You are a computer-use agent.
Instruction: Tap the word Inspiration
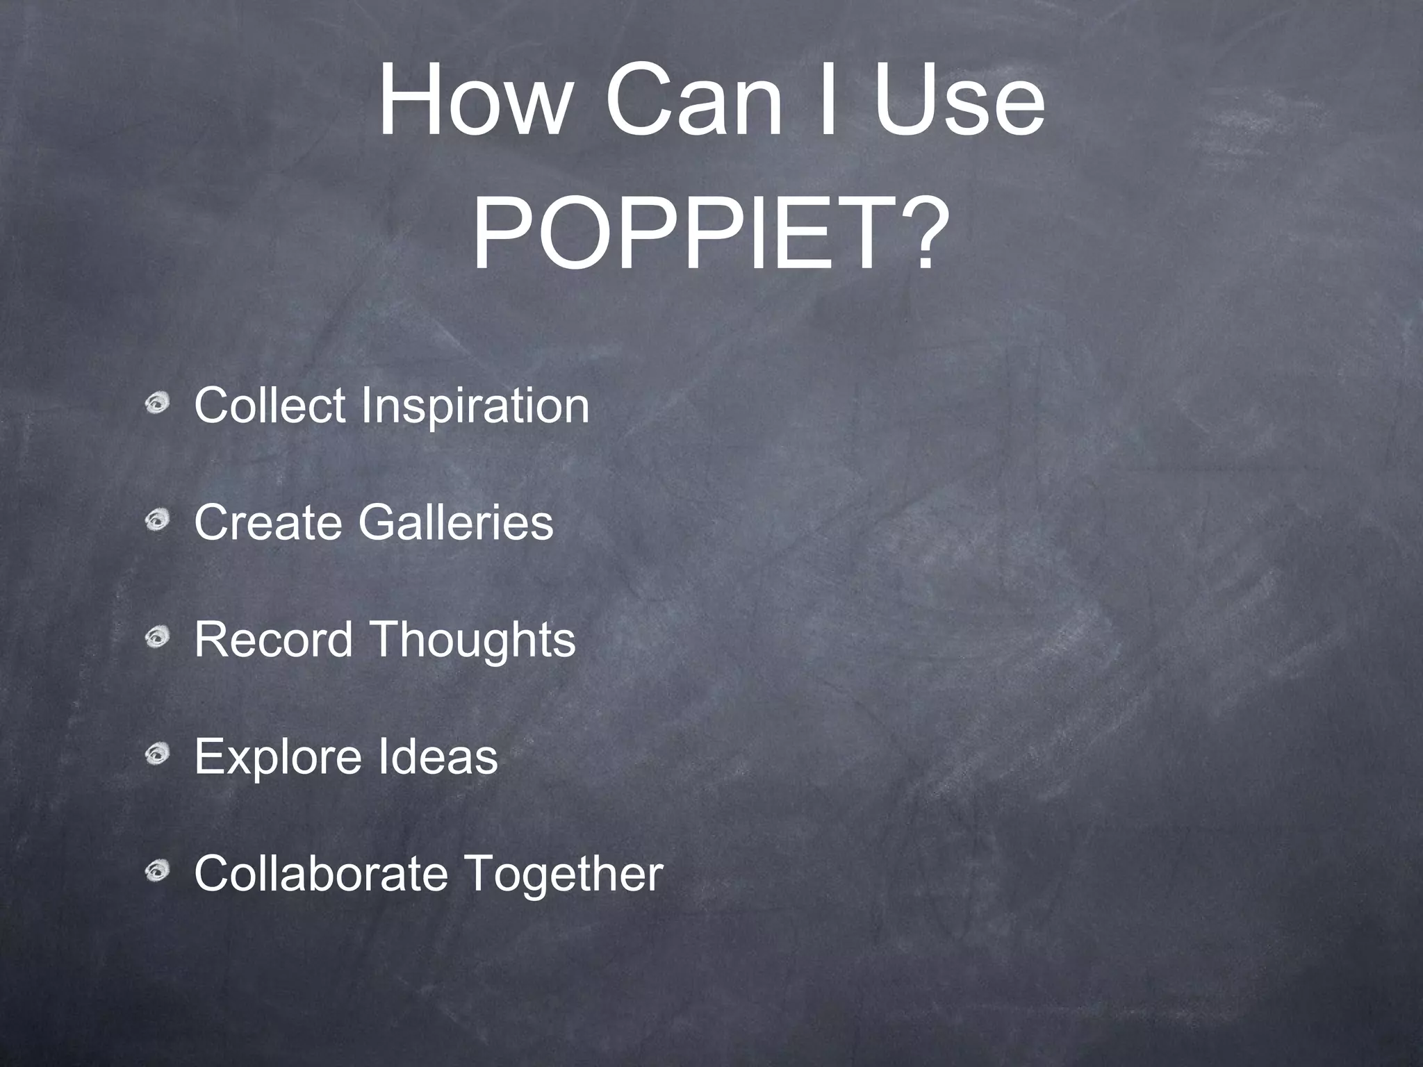coord(475,406)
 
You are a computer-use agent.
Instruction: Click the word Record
coord(273,639)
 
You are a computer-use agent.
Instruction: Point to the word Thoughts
coord(472,640)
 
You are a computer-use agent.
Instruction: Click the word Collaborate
coord(320,873)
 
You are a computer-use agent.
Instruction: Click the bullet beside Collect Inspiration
coord(158,402)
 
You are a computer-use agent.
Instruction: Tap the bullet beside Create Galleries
coord(158,519)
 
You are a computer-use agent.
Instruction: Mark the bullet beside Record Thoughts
coord(158,636)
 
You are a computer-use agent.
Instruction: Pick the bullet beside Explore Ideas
coord(158,753)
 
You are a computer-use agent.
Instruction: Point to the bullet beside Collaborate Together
coord(158,870)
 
